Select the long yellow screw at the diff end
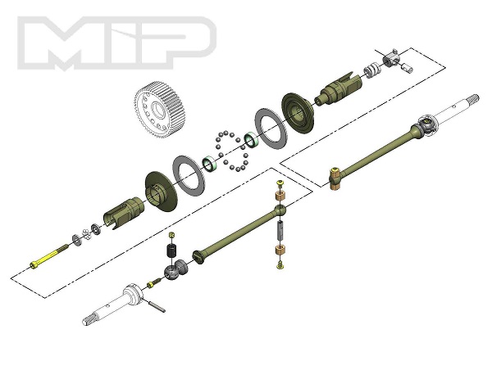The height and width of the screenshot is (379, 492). [x=49, y=256]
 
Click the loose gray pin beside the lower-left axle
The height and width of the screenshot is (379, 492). [x=157, y=306]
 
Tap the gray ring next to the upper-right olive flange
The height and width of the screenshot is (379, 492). [x=271, y=129]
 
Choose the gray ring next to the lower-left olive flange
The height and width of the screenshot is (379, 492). [x=189, y=175]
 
